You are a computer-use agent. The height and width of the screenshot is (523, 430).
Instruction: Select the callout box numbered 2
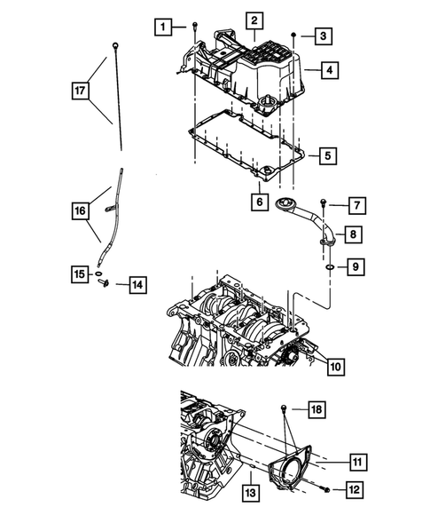point(254,20)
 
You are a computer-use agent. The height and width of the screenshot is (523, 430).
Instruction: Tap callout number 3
point(325,36)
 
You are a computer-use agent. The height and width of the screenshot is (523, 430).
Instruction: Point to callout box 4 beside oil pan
point(329,69)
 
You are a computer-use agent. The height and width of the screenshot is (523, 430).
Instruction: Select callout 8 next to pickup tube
point(353,235)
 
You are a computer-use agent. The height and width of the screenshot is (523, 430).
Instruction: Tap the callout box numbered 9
point(354,265)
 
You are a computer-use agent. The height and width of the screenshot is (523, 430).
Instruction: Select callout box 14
point(137,284)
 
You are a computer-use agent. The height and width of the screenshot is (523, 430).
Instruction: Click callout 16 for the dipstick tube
point(81,210)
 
